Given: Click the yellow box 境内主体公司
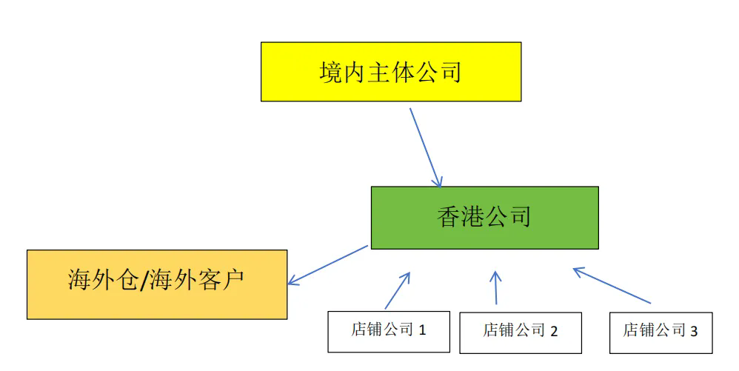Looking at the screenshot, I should click(391, 72).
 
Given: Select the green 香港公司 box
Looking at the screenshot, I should click(484, 218).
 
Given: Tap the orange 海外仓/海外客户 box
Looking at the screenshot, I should click(157, 284).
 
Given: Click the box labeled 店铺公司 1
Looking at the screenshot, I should click(389, 331).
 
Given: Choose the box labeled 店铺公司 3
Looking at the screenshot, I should click(661, 332).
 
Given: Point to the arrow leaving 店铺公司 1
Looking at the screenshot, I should click(398, 290).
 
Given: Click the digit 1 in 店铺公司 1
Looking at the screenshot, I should click(423, 330).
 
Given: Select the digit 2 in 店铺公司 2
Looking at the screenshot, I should click(553, 332).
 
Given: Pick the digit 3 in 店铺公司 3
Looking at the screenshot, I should click(694, 332).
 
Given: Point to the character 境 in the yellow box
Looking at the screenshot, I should click(331, 73).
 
